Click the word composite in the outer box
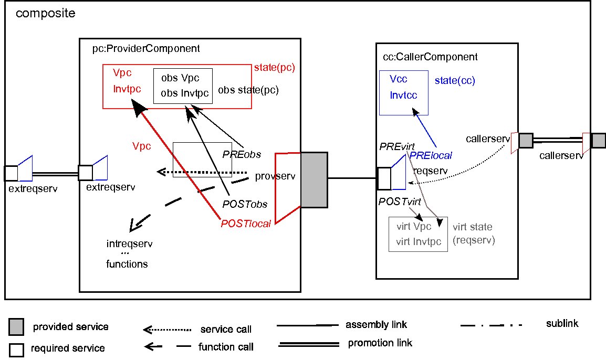[46, 13]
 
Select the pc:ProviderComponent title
[146, 49]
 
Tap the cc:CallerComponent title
[431, 57]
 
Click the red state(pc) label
[275, 68]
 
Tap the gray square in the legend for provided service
[16, 327]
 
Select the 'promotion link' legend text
[380, 344]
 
